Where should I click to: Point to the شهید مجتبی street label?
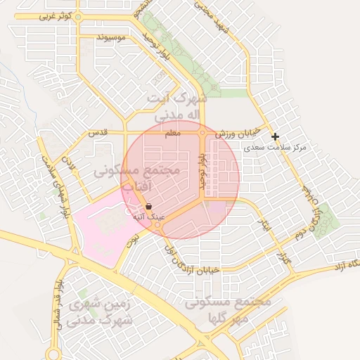pyautogui.click(x=224, y=19)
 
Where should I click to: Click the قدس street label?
pyautogui.click(x=97, y=132)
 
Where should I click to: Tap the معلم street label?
pyautogui.click(x=172, y=132)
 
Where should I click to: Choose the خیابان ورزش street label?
pyautogui.click(x=238, y=132)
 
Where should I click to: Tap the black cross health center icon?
pyautogui.click(x=275, y=136)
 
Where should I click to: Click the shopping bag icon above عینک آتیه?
pyautogui.click(x=148, y=206)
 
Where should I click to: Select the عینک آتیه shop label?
pyautogui.click(x=149, y=217)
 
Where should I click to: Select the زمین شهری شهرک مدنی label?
pyautogui.click(x=98, y=313)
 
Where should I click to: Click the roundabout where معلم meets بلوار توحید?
pyautogui.click(x=202, y=131)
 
